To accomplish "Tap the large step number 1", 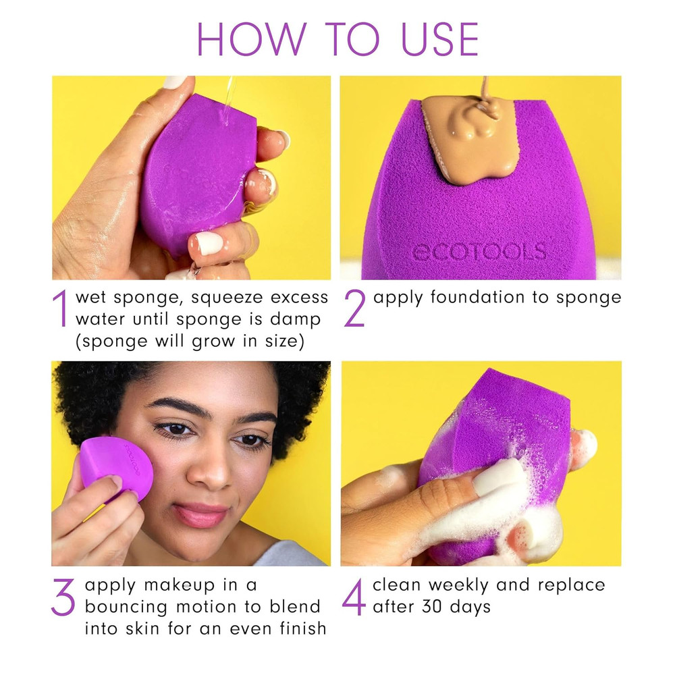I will (60, 309).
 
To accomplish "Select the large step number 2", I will (354, 308).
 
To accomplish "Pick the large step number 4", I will (354, 596).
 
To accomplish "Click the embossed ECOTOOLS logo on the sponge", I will (478, 252).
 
